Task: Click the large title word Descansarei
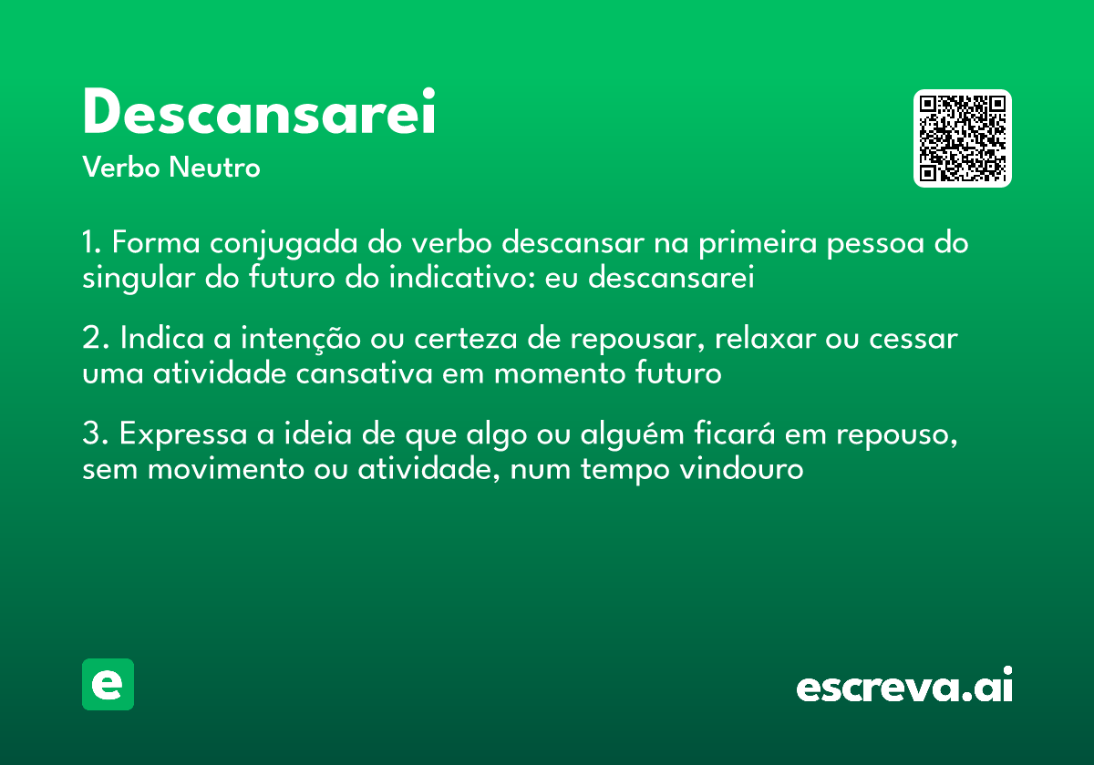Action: click(x=259, y=114)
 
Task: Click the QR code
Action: click(x=963, y=138)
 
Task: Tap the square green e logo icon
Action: click(x=108, y=684)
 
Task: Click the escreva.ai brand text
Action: click(x=904, y=687)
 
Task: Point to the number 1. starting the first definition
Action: click(x=93, y=244)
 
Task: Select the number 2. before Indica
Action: click(x=95, y=338)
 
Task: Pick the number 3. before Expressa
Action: click(x=95, y=434)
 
